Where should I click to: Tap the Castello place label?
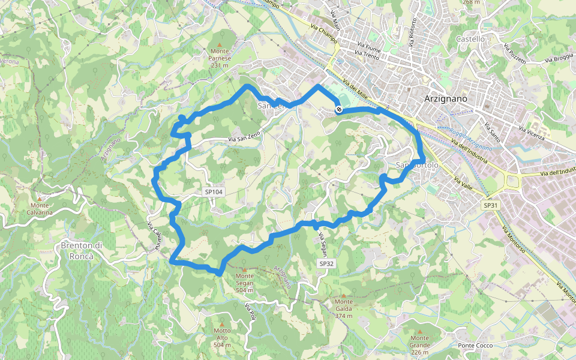470,39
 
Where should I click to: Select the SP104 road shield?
214,192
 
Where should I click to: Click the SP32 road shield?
326,263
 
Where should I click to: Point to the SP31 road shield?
491,205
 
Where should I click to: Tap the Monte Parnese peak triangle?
221,45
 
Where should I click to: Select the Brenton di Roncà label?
82,251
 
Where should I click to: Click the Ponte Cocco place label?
475,346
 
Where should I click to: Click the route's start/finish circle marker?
339,109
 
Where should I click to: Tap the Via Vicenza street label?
532,134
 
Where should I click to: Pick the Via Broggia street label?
559,59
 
